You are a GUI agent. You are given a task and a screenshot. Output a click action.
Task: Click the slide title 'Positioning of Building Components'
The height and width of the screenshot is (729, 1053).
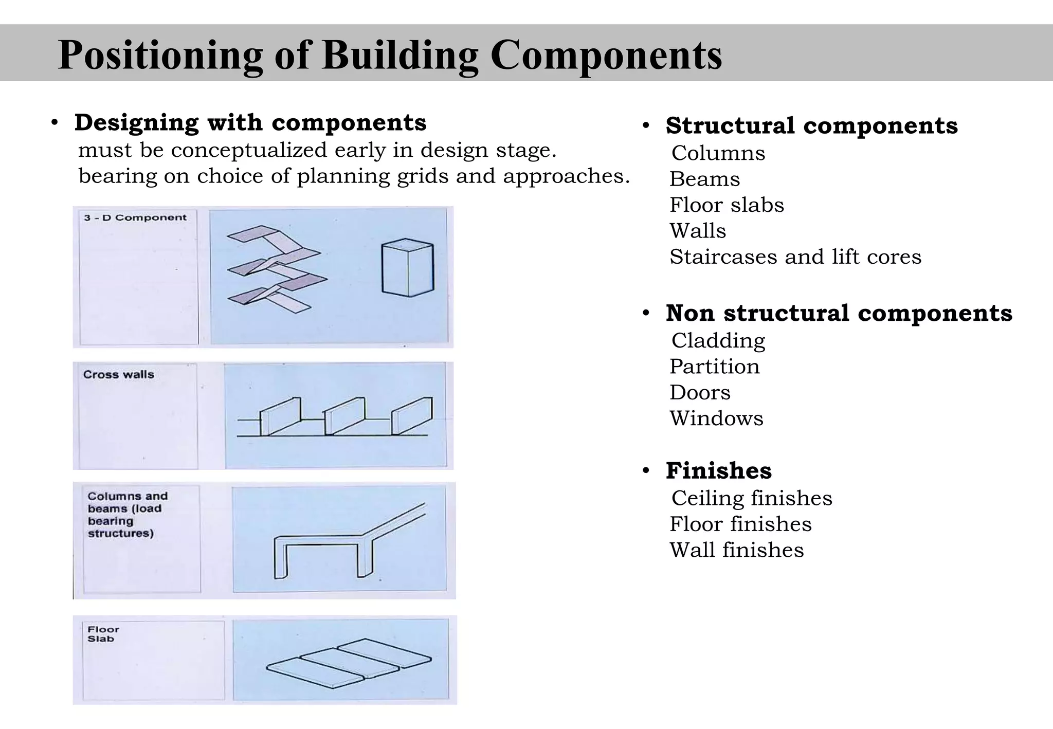point(390,54)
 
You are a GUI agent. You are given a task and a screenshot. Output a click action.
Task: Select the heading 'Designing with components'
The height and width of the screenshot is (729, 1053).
point(250,122)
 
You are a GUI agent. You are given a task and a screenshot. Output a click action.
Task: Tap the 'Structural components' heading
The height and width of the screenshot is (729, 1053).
point(811,125)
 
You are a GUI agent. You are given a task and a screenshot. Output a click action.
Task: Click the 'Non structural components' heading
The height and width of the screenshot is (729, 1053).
point(839,313)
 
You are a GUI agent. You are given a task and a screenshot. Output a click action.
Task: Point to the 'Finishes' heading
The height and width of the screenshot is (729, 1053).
point(718,470)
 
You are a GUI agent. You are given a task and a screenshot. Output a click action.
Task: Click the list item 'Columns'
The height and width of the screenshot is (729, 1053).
point(718,153)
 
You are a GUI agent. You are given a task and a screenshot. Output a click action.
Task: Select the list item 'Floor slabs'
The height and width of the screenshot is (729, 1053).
point(727,205)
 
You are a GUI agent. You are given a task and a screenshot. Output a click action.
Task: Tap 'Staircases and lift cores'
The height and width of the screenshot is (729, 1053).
point(795,257)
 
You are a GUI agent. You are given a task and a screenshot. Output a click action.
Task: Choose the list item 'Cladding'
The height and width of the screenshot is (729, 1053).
point(718,341)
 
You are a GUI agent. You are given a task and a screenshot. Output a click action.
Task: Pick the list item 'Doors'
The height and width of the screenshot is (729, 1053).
point(700,393)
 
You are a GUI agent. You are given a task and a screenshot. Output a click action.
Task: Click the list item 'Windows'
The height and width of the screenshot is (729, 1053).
point(716,418)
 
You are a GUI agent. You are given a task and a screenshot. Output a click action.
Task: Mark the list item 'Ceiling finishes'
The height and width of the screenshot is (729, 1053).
point(751,498)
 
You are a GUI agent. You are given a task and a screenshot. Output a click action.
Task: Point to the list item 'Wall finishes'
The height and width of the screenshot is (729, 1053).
point(736,550)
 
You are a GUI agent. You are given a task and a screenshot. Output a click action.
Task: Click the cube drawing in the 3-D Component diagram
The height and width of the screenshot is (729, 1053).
point(407,268)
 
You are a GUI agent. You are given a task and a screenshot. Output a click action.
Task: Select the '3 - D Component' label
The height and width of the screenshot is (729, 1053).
point(135,218)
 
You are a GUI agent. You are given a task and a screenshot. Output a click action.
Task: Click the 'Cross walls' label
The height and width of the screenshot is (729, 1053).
point(119,375)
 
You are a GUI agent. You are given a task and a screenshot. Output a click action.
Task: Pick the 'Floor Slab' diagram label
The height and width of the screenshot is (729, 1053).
point(103,634)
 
